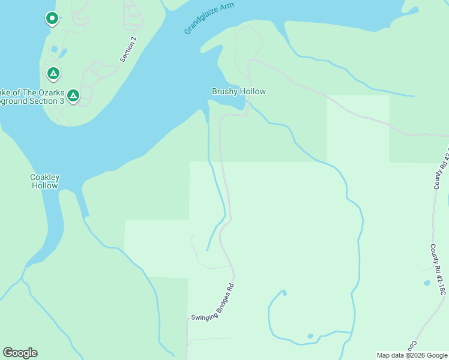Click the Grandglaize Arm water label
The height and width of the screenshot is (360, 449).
click(x=209, y=18)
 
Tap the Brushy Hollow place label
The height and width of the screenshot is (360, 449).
click(x=238, y=92)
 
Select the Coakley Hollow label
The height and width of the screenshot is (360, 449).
click(x=45, y=181)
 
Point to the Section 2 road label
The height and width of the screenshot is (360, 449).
click(x=128, y=49)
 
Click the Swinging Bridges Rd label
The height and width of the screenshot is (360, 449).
click(x=212, y=302)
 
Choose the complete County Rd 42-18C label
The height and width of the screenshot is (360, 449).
click(x=438, y=269)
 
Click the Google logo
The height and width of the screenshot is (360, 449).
click(x=20, y=353)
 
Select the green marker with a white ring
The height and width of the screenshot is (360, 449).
click(x=52, y=19)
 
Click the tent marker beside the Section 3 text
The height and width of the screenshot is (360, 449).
click(x=73, y=95)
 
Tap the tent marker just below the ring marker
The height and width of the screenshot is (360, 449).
click(x=53, y=74)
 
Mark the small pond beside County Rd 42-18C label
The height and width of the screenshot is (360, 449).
click(x=426, y=283)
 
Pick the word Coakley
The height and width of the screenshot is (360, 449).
click(x=45, y=177)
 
